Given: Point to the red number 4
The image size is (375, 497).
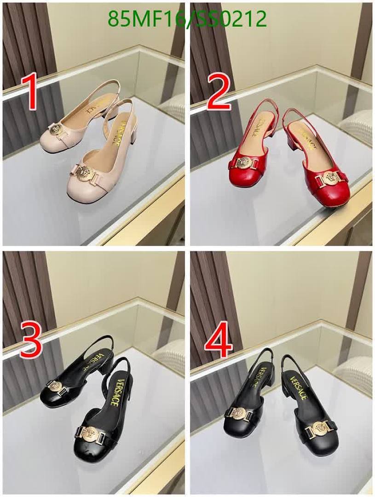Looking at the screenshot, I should (219, 341).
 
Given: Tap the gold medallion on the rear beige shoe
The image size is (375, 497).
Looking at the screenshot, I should (55, 130).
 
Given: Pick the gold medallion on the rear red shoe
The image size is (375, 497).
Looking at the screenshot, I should (244, 162).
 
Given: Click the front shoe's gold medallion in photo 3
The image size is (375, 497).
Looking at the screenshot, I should (88, 431).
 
